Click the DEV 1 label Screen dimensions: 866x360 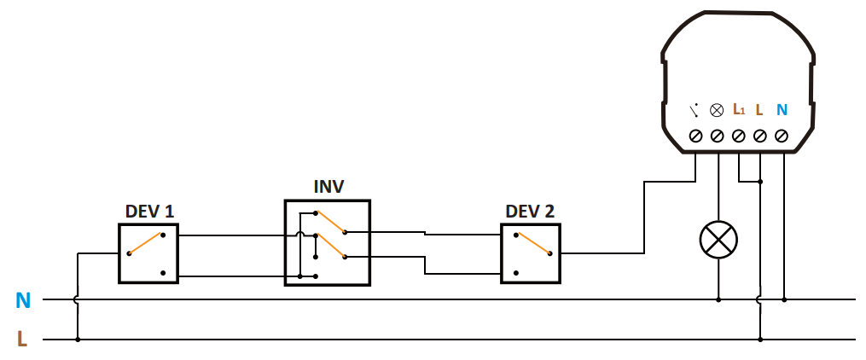(x=149, y=211)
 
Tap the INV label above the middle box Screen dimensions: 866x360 (x=328, y=187)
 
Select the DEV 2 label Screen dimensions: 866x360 (x=530, y=211)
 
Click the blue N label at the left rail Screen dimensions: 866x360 (x=23, y=300)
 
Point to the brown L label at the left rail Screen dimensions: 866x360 (x=22, y=340)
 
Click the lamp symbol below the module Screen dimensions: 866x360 (x=718, y=240)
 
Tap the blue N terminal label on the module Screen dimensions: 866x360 (x=782, y=110)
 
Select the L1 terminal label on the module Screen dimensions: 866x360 (x=739, y=109)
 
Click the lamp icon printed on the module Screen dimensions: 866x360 (x=717, y=110)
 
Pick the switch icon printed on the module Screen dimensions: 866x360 (x=695, y=110)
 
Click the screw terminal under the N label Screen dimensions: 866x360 (x=781, y=136)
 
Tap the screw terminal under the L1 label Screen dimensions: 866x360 (x=738, y=136)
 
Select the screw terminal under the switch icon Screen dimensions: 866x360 (x=696, y=136)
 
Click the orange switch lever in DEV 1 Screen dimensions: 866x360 (x=145, y=243)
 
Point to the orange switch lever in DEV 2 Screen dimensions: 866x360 (x=533, y=243)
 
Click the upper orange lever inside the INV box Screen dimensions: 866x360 (x=330, y=222)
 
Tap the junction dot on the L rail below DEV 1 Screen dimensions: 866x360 (x=78, y=340)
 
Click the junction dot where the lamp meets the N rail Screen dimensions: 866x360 (x=718, y=299)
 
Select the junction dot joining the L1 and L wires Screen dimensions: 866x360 (x=760, y=181)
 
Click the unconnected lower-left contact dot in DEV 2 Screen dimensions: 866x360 (x=515, y=273)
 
